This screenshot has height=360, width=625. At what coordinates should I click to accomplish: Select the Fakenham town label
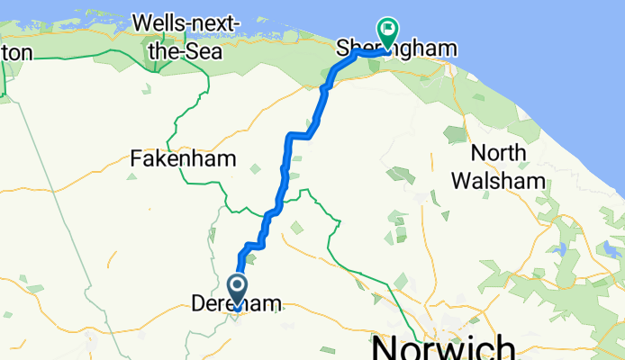pos(183,159)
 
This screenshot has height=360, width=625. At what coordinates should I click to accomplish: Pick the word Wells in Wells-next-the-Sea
pos(160,21)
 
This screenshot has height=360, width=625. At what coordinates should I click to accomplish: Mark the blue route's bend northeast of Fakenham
pos(289,136)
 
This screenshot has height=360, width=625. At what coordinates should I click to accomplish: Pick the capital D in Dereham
pos(199,306)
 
